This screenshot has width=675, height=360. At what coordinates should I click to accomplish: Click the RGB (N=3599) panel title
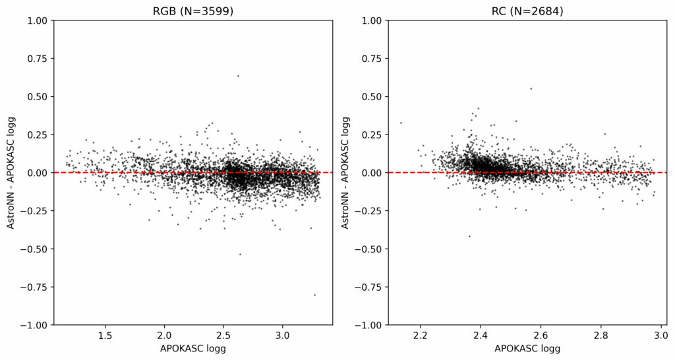[193, 11]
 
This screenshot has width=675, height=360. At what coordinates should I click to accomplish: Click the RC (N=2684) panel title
[527, 11]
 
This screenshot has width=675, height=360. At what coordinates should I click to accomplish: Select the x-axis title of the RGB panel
[193, 349]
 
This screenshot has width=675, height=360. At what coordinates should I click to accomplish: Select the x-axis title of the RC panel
[527, 349]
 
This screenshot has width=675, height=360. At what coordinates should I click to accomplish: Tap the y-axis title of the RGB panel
[11, 173]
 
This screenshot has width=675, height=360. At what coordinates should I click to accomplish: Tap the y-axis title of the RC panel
[346, 173]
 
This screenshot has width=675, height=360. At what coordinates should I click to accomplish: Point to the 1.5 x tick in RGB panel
[105, 336]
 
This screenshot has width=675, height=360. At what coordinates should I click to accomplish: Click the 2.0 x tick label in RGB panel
[164, 336]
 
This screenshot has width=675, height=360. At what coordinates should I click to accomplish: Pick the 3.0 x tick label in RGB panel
[283, 336]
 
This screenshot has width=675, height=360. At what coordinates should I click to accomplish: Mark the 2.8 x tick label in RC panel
[600, 336]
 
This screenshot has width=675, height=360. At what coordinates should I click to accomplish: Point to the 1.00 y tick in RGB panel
[38, 20]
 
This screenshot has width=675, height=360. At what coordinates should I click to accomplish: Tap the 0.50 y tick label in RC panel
[372, 97]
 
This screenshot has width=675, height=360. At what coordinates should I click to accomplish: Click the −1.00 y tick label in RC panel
[369, 325]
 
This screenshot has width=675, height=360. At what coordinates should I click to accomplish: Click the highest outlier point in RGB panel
[238, 76]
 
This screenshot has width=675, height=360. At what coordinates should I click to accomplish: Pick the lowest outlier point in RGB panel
[314, 295]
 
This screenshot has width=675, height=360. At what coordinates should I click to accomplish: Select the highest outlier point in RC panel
[531, 88]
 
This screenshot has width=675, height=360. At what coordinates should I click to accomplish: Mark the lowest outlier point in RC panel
[469, 236]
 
